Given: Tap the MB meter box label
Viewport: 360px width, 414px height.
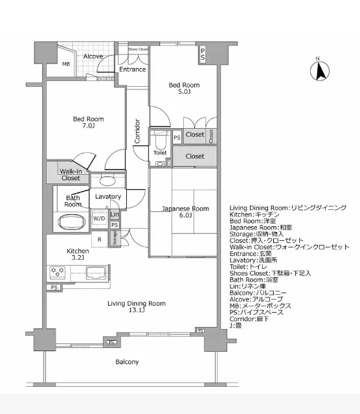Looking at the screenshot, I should pyautogui.click(x=66, y=64).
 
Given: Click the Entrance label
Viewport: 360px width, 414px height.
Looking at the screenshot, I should pyautogui.click(x=132, y=69).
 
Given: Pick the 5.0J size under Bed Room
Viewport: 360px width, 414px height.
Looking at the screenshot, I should pyautogui.click(x=184, y=92).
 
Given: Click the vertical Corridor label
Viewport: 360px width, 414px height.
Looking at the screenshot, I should pyautogui.click(x=138, y=132).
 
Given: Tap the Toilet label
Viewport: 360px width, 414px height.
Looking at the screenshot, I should pyautogui.click(x=160, y=153).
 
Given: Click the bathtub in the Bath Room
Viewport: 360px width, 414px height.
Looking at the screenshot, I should pyautogui.click(x=72, y=222).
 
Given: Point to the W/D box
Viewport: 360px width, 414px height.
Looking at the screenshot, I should pyautogui.click(x=99, y=218).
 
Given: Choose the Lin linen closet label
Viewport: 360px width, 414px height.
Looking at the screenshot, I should pyautogui.click(x=115, y=214).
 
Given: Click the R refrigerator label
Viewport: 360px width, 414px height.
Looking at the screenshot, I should pyautogui.click(x=99, y=239).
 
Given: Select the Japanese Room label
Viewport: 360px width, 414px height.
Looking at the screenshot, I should pyautogui.click(x=185, y=208).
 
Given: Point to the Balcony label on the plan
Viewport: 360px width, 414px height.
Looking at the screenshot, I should pyautogui.click(x=127, y=362).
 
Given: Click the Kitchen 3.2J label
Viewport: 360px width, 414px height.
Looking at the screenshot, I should pyautogui.click(x=77, y=254).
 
